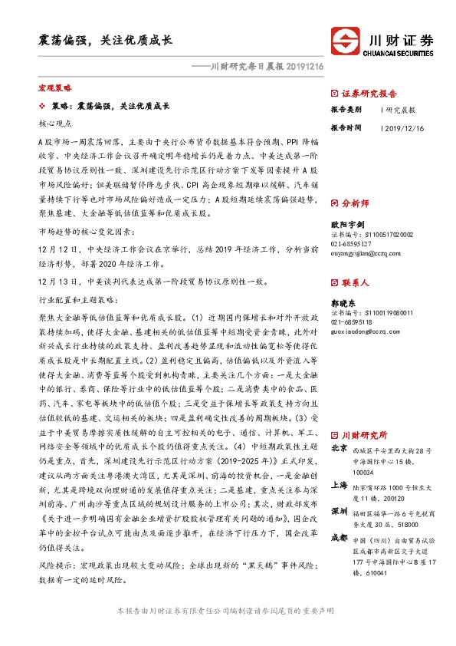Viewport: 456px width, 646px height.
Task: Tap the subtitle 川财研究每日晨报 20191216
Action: click(246, 67)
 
